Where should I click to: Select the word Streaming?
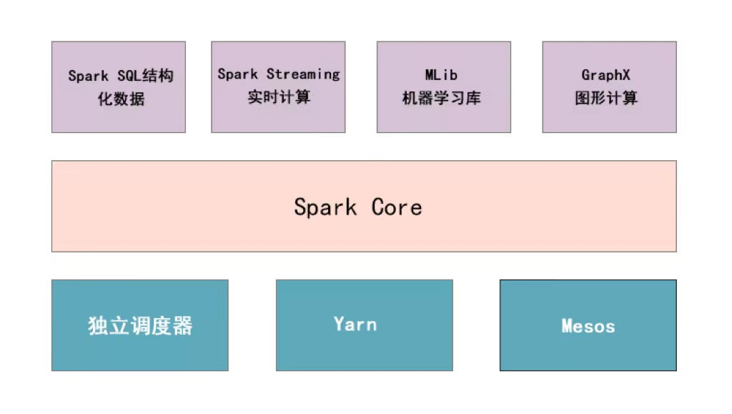(x=303, y=74)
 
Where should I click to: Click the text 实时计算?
(x=279, y=97)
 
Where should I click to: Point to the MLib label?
(x=441, y=74)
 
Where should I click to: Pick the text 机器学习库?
(x=441, y=98)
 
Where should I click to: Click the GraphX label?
(x=605, y=74)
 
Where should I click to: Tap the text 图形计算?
(x=605, y=98)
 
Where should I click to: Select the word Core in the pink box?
(x=397, y=207)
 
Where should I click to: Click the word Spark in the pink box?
(x=325, y=207)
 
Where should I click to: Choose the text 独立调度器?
(x=140, y=326)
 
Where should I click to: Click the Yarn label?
(x=355, y=324)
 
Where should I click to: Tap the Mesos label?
(x=588, y=327)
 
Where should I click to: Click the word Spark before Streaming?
(x=238, y=74)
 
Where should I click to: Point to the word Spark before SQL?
(x=89, y=76)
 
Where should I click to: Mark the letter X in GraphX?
(x=625, y=74)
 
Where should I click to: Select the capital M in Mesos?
(x=567, y=327)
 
